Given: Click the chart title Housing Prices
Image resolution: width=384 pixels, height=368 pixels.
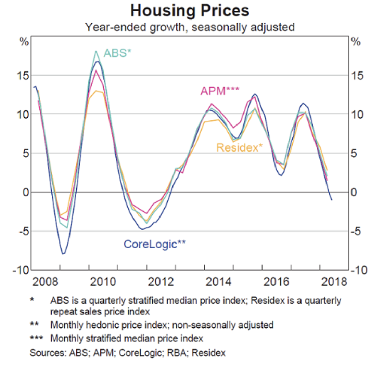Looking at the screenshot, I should coord(190,11).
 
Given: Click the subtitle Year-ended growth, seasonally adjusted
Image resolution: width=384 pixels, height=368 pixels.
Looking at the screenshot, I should coord(190,27).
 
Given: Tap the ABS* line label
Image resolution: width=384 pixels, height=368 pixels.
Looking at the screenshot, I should coord(117,53).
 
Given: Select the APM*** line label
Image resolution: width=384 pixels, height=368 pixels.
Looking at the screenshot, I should coord(220,91).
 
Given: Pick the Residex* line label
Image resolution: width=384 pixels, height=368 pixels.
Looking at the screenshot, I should coord(240,148).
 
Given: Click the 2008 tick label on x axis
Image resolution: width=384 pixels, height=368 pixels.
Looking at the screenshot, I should coord(45,282).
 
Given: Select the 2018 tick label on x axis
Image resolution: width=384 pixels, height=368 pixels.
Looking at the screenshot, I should coord(334,282).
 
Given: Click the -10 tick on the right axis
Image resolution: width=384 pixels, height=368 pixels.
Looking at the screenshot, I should coord(358,270).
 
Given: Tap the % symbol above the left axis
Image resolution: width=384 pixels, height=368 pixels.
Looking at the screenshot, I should coord(24,42).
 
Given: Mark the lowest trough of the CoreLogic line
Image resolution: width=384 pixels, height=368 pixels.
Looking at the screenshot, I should coord(63,254).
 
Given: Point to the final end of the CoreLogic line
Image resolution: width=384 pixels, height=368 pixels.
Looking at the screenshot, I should coord(331,200).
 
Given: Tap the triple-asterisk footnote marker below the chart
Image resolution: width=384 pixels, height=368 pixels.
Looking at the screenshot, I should coord(37,338).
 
